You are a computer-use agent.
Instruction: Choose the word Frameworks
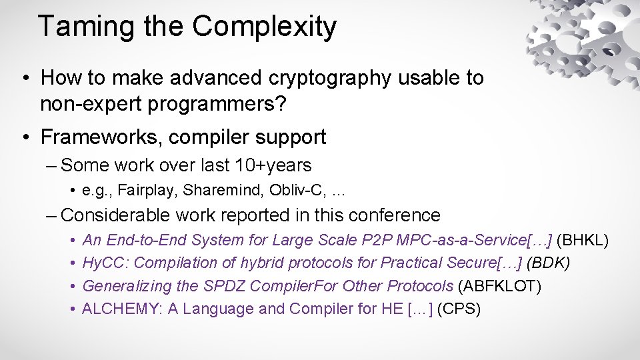click(x=101, y=137)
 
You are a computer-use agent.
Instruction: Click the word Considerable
click(x=117, y=215)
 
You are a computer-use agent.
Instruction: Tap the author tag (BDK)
click(x=548, y=263)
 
